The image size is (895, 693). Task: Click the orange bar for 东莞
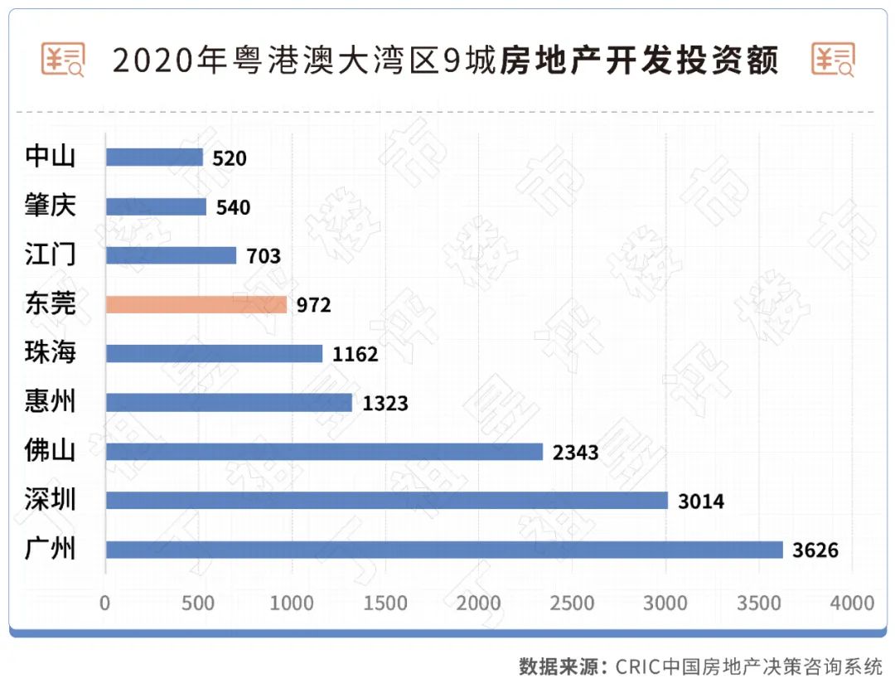[196, 304]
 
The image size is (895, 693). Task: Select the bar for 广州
[444, 550]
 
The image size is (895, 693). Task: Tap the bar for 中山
[154, 157]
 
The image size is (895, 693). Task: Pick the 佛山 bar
[324, 452]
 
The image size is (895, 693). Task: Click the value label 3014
[701, 502]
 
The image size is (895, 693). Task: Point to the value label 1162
[355, 355]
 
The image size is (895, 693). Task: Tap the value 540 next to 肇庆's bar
[233, 207]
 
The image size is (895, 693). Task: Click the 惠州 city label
[51, 402]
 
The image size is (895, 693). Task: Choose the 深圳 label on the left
[51, 500]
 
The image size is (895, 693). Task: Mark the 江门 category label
[51, 254]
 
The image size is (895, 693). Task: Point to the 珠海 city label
[51, 353]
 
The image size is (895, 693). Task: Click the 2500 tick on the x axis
[573, 603]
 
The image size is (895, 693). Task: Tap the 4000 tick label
[852, 603]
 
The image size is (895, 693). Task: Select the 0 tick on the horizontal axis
[105, 603]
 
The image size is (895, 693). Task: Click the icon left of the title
[63, 60]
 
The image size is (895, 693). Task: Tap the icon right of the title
[834, 60]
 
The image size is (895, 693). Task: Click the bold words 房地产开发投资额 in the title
[639, 61]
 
